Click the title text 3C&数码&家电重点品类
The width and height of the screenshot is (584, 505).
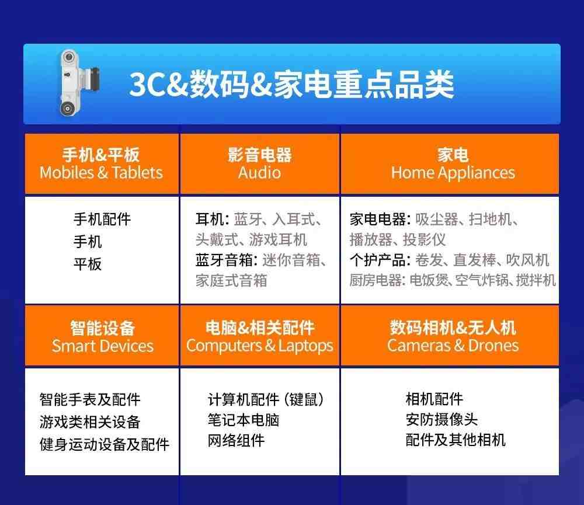coord(291,85)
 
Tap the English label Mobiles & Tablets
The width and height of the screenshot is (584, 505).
coord(101,173)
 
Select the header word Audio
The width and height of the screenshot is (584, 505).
coord(260,173)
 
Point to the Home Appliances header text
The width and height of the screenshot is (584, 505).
coord(453,173)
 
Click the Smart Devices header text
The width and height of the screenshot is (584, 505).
coord(102,346)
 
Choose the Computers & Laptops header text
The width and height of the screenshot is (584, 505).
coord(260,346)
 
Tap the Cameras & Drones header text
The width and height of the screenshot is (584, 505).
coord(453,346)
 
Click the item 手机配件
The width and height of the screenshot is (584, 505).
coord(102,219)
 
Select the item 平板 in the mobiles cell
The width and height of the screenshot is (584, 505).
coord(88,264)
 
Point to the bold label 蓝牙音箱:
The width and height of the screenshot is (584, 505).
coord(227,260)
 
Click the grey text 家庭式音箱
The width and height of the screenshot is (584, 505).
coord(231,280)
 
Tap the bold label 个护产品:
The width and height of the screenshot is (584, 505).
coord(380,260)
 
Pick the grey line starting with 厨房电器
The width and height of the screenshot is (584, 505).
coord(453,280)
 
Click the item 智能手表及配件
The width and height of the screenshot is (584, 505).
coord(90,399)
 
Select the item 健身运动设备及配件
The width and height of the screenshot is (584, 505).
coord(105,444)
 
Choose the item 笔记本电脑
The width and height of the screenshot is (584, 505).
coord(244,420)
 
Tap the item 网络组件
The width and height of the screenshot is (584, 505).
coord(236,441)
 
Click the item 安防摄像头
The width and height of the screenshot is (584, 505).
coord(442,419)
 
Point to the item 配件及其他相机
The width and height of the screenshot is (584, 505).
coord(456,440)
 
